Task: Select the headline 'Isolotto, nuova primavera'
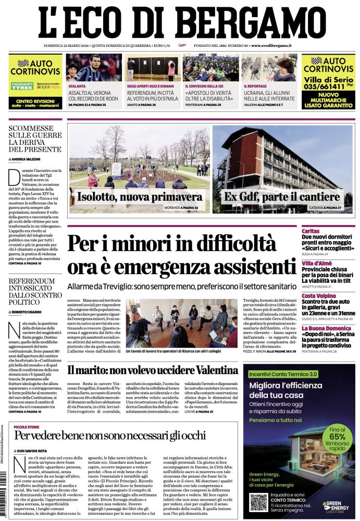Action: point(139,197)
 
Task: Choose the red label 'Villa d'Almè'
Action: point(316,263)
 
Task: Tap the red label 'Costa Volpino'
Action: point(319,296)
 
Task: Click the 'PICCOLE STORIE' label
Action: point(29,426)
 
